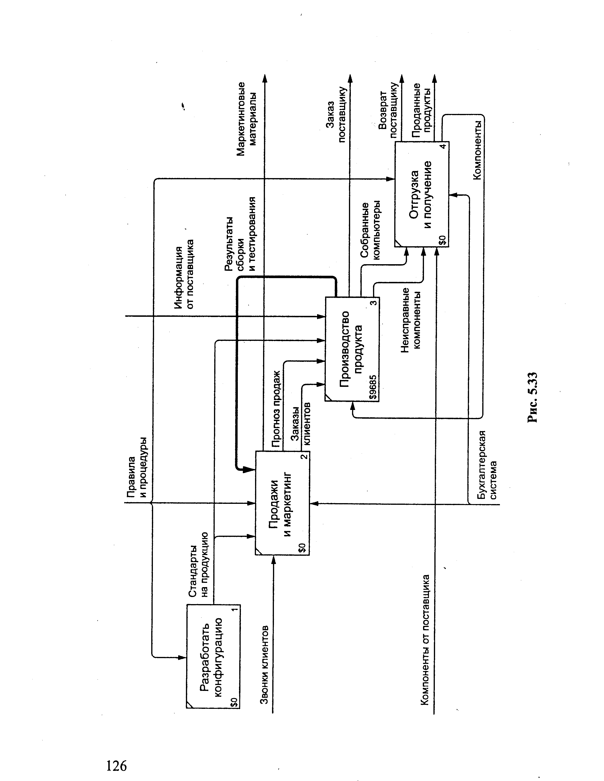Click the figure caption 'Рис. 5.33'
coord(533,397)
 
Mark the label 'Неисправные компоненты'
coord(411,320)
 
